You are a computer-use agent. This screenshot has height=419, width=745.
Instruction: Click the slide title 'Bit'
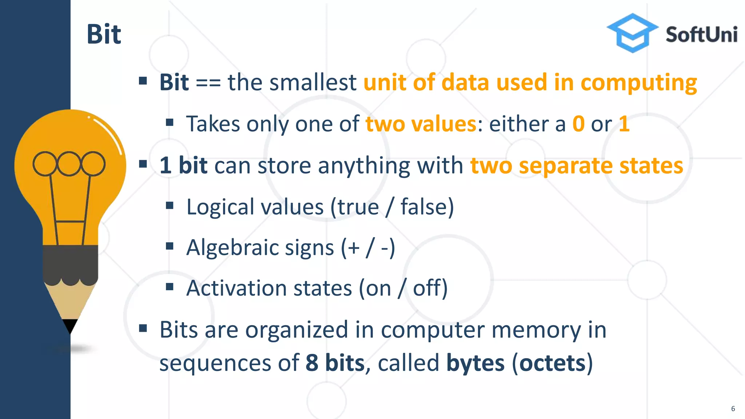[104, 35]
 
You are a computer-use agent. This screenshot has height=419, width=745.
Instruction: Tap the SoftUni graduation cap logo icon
[633, 33]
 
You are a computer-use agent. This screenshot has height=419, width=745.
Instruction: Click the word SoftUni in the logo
[701, 35]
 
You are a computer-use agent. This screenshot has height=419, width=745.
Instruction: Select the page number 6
[733, 409]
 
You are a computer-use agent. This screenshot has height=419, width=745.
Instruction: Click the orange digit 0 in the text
[578, 124]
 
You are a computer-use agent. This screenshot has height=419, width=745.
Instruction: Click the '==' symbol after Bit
[208, 83]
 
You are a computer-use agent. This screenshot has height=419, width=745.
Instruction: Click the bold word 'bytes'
[475, 363]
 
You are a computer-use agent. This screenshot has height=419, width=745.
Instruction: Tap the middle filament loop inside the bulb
[69, 163]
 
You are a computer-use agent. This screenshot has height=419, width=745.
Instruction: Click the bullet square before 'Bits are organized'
[143, 329]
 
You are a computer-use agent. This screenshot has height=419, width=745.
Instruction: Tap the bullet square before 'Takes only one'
[170, 123]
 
